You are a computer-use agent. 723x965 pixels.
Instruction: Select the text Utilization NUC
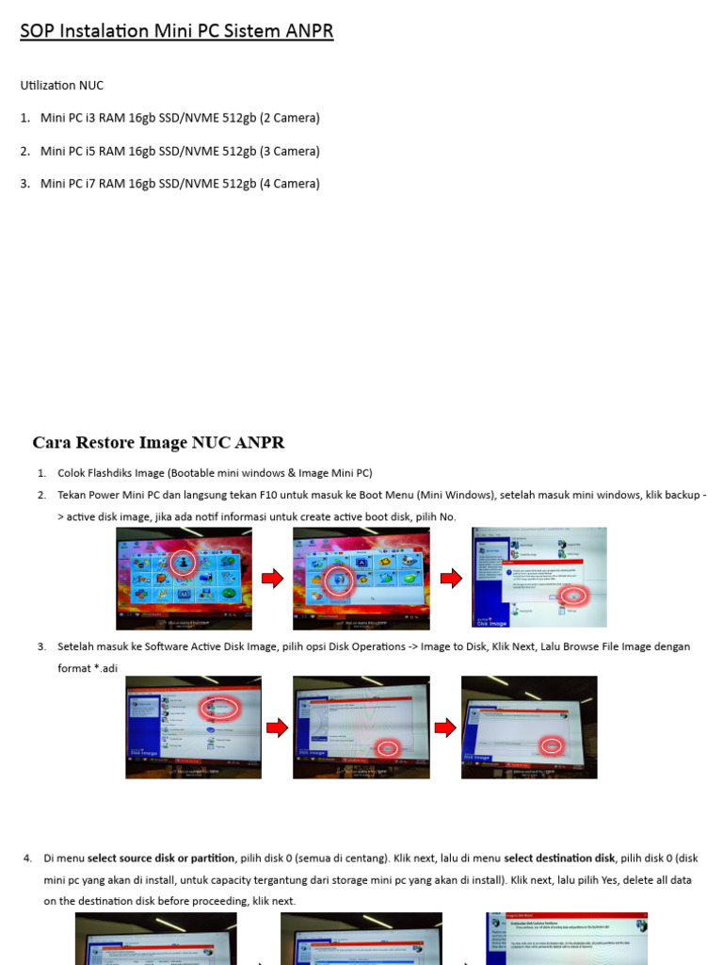click(x=62, y=86)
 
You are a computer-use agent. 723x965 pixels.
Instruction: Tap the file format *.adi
click(x=101, y=668)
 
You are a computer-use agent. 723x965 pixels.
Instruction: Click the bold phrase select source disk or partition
click(x=161, y=858)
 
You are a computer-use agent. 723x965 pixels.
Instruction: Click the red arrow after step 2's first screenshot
click(x=272, y=579)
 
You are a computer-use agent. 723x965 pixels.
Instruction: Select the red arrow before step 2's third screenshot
click(x=451, y=579)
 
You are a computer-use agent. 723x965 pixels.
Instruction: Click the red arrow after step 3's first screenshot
click(x=277, y=728)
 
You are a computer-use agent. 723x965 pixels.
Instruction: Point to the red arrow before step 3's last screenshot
click(x=444, y=728)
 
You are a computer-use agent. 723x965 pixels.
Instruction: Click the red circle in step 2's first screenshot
click(x=184, y=563)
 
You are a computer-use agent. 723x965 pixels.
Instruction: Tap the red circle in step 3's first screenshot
click(x=217, y=707)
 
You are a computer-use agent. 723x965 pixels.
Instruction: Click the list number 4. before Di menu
click(x=27, y=858)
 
